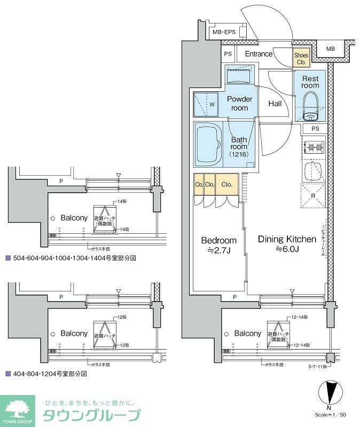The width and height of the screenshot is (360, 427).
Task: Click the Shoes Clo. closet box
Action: tap(301, 58)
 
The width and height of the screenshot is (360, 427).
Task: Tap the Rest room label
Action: tap(310, 82)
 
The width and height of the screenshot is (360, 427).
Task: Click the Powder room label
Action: tap(240, 103)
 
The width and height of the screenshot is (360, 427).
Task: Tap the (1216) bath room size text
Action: tap(239, 154)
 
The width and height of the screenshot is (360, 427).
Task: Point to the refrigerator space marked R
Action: tap(314, 195)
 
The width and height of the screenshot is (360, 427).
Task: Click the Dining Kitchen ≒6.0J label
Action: tap(287, 244)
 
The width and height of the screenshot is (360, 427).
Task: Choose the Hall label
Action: tap(275, 104)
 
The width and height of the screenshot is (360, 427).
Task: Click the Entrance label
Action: tap(259, 54)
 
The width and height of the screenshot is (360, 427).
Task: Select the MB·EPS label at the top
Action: tap(224, 33)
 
